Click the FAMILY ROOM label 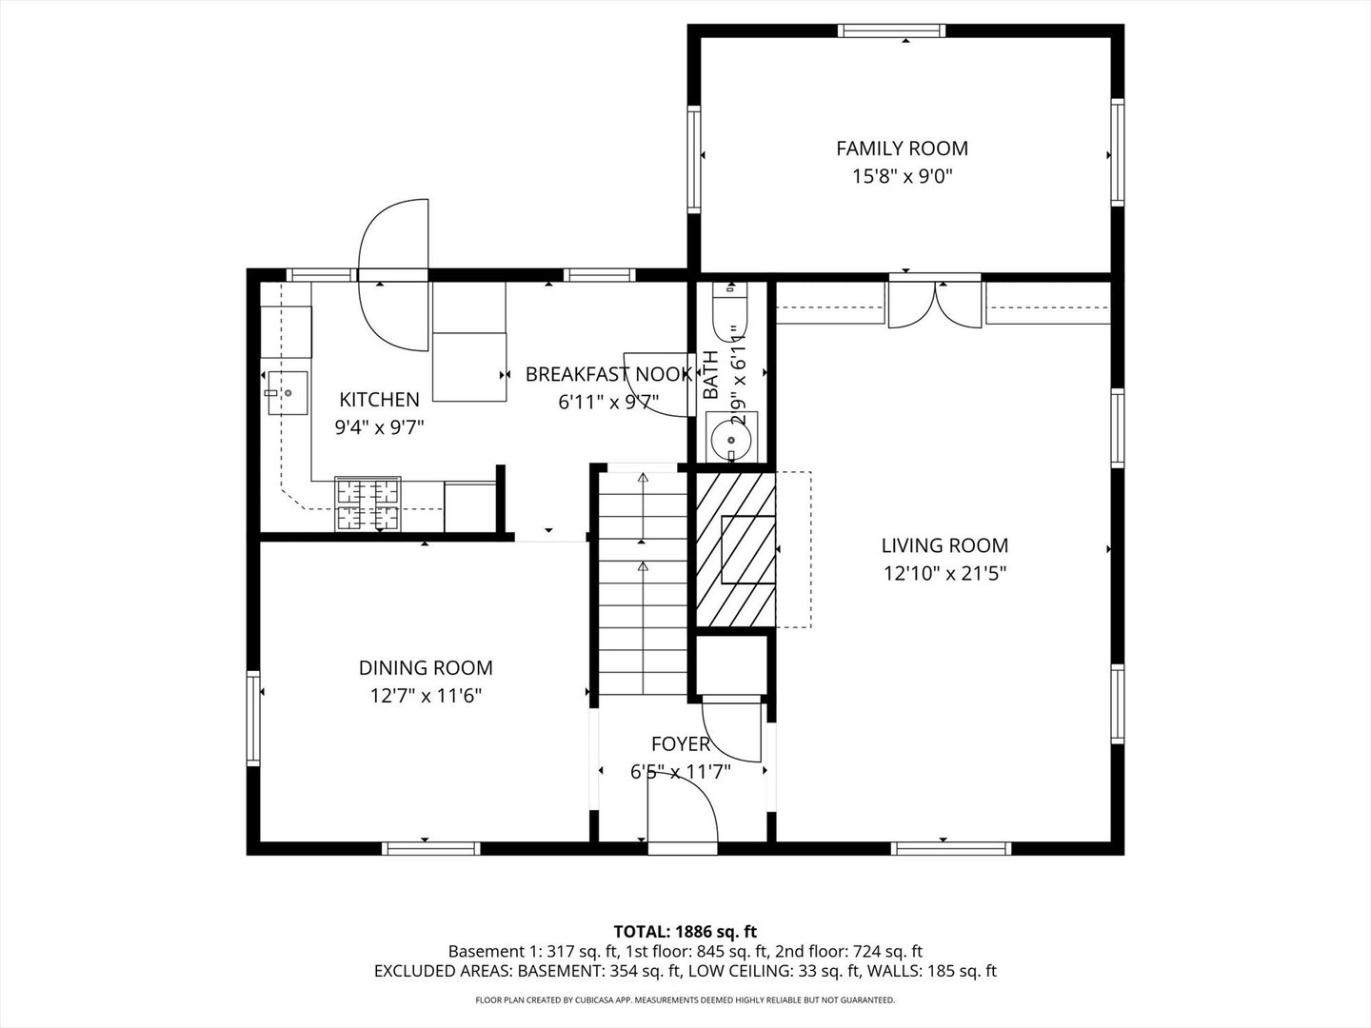click(x=902, y=148)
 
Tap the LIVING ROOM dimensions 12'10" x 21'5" click(x=944, y=573)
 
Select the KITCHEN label click(x=379, y=400)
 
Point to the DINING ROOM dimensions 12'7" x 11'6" click(x=426, y=696)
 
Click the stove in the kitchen click(x=368, y=504)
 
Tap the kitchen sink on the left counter click(x=285, y=392)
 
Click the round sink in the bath click(x=731, y=439)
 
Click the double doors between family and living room click(x=934, y=304)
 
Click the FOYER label click(x=680, y=744)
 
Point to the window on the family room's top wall click(x=891, y=31)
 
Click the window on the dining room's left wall click(x=253, y=718)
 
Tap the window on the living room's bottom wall click(x=951, y=848)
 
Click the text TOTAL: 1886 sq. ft click(x=685, y=931)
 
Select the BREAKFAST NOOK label click(x=608, y=374)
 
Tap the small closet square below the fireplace click(x=731, y=663)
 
